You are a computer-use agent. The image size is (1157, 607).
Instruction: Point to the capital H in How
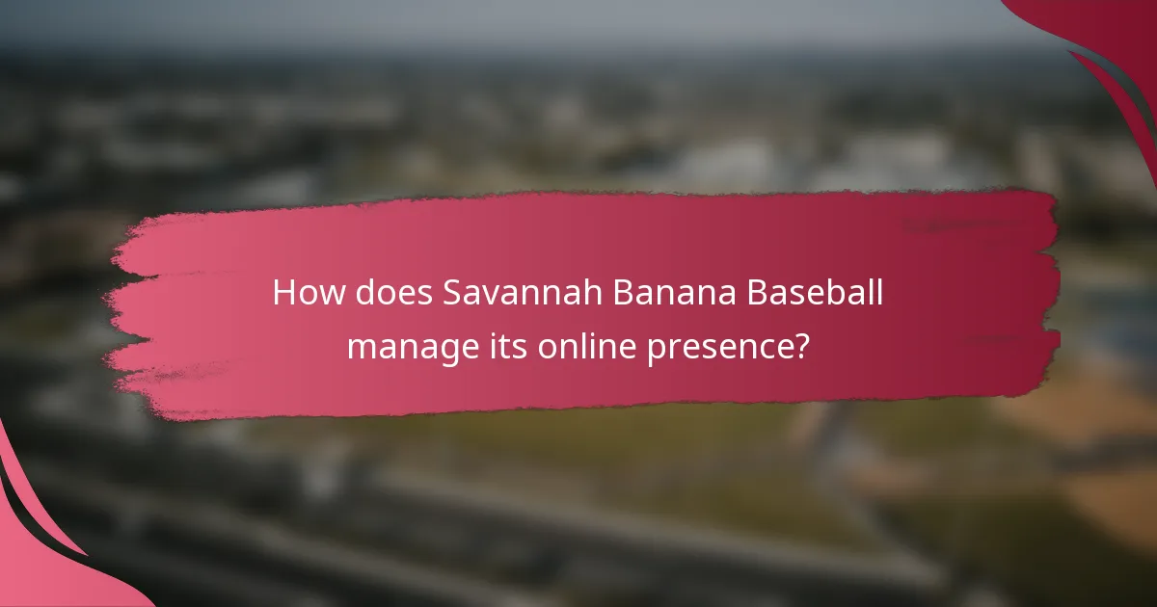[283, 294]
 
